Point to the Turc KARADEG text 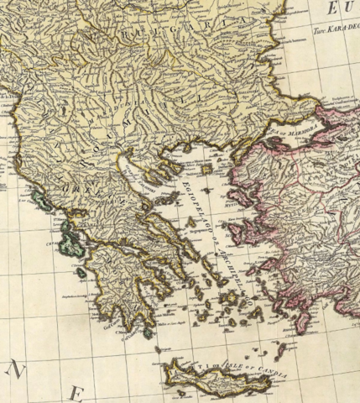click(336, 25)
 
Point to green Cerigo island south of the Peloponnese click(148, 332)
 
